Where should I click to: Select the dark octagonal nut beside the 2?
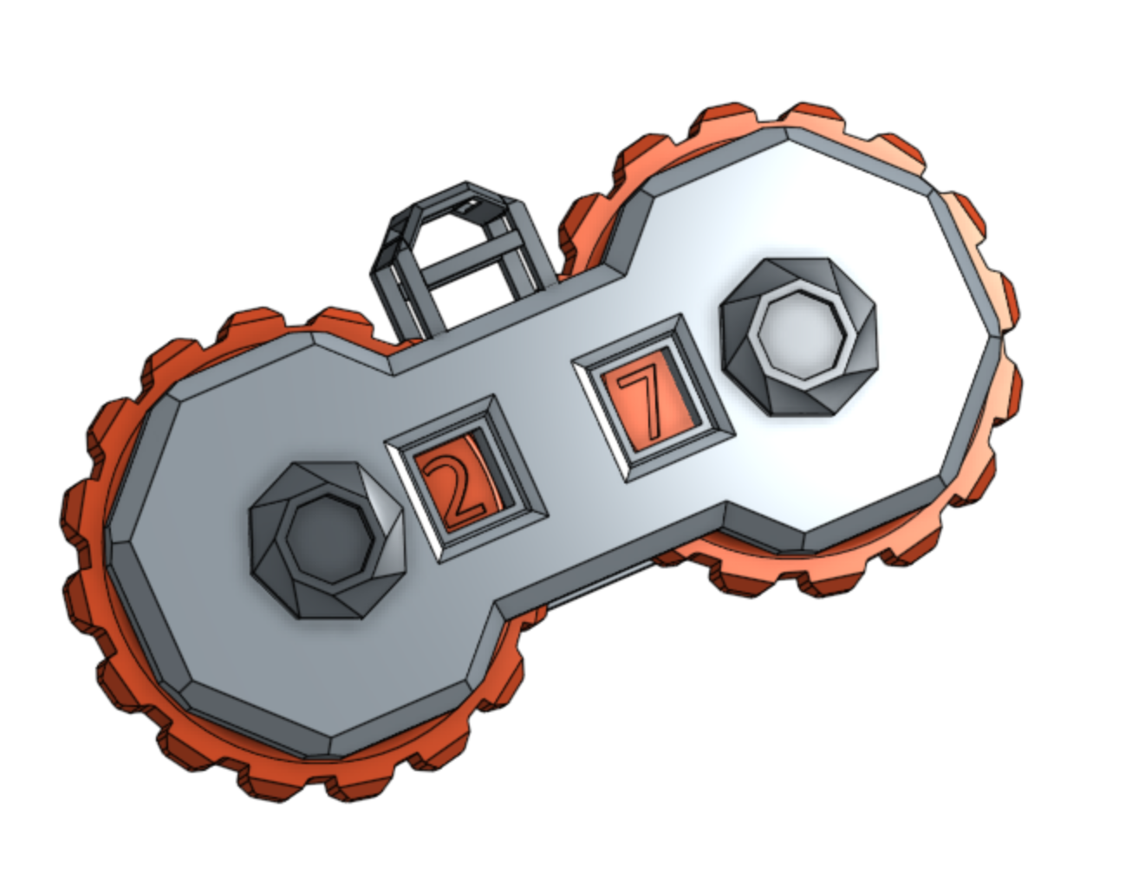(x=327, y=540)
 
